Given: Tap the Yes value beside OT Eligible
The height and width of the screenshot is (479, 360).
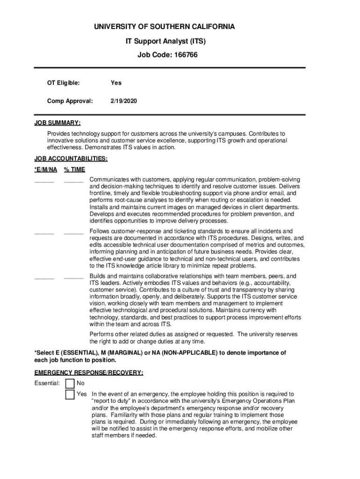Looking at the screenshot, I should coord(116,83).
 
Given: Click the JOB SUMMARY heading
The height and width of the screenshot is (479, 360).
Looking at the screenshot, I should coord(58,123).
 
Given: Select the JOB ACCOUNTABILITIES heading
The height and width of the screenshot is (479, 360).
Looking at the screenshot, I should coord(71,159).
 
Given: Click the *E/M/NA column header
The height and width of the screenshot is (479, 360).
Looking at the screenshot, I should coord(46,169).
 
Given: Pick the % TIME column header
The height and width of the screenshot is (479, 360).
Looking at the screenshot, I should coord(74,169).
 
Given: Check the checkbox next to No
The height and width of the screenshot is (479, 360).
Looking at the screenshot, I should coord(70,384).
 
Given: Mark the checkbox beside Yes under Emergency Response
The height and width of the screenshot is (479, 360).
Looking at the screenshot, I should coord(70,395).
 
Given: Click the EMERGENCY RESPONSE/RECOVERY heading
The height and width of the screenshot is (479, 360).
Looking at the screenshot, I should coord(89,373).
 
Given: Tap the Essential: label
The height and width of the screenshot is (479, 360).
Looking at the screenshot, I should coord(47,384).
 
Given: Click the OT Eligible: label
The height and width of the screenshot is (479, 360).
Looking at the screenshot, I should coord(63,83).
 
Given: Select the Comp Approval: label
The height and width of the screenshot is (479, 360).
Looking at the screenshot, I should coord(70,101).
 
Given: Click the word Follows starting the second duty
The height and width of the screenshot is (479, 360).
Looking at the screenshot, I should coord(100,231).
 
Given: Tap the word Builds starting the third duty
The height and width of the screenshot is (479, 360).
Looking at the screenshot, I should coord(98,276).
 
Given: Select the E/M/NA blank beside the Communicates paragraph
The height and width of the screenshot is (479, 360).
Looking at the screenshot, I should coord(44,181).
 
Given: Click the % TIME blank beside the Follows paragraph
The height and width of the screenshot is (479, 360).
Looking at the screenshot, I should coord(73,232).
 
